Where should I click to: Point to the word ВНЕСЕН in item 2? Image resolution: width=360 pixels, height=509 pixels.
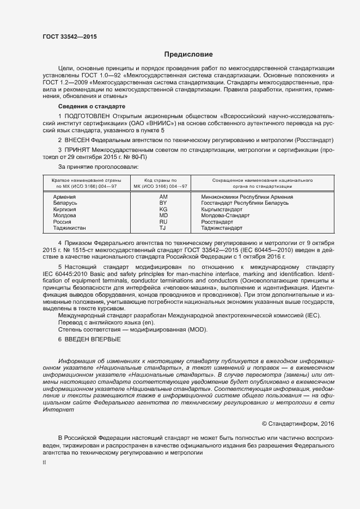(x=82, y=139)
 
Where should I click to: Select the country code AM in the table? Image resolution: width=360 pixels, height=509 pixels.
(x=163, y=196)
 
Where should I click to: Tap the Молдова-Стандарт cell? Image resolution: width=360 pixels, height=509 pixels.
(x=225, y=216)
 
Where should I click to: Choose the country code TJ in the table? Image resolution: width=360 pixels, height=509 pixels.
(x=162, y=229)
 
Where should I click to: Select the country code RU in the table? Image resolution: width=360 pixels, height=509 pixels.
(x=163, y=222)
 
